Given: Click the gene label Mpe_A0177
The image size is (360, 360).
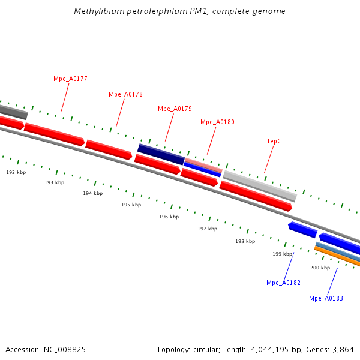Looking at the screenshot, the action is [x=70, y=79].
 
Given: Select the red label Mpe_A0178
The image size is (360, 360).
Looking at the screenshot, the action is [x=125, y=94].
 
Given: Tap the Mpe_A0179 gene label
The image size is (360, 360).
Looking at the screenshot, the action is [x=175, y=109].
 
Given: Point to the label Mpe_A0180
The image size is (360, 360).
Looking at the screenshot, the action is [x=217, y=122].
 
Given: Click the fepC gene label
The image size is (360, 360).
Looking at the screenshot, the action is [x=274, y=141].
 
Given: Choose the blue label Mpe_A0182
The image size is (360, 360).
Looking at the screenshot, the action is [x=283, y=283].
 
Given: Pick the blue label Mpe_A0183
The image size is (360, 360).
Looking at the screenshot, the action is [x=326, y=298].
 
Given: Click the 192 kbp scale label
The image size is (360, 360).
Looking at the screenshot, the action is [x=16, y=172].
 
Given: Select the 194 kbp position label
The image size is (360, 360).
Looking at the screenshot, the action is [x=92, y=193].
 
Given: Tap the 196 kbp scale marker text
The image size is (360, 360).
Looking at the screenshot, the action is [x=169, y=217].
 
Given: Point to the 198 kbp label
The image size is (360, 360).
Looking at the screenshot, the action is [x=245, y=241].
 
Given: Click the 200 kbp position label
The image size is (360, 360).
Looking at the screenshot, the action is [x=320, y=268].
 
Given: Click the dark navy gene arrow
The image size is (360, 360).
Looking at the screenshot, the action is [x=161, y=154].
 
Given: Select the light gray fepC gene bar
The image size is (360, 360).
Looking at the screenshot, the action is [x=259, y=185].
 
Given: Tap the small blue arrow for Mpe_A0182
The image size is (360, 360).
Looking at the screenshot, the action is [x=302, y=229].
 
